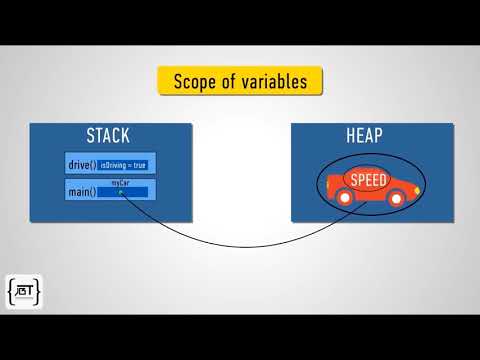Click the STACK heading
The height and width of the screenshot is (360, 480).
(x=109, y=136)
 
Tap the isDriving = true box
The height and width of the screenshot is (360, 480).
(x=123, y=165)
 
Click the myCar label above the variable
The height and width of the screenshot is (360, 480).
(x=120, y=183)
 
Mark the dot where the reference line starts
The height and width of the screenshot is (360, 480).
(x=120, y=192)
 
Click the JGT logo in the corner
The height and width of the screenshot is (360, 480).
(x=24, y=292)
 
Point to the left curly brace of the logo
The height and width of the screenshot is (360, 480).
(x=11, y=292)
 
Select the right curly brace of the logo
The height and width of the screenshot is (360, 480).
(x=38, y=292)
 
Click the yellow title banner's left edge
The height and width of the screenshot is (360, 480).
(x=161, y=81)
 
